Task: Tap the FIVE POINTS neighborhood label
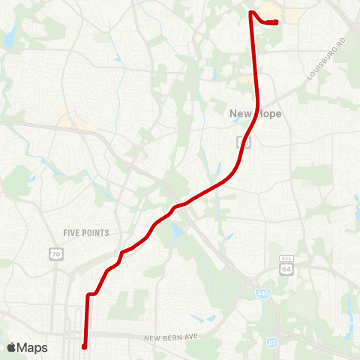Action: (86, 233)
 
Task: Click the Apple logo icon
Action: (12, 347)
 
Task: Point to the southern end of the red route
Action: (84, 347)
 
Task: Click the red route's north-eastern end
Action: (277, 22)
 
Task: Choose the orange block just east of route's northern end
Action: (288, 13)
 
